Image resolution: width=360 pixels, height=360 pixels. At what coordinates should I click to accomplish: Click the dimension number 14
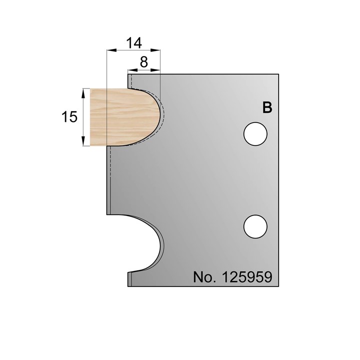pos(134,43)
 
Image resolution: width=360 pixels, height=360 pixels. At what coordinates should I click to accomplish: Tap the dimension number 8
pos(144,62)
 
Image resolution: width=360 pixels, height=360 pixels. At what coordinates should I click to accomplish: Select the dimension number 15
pos(69,117)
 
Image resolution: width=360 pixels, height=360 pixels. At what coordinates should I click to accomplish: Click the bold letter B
pos(267,107)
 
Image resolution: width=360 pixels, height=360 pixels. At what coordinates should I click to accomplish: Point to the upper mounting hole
pos(255,134)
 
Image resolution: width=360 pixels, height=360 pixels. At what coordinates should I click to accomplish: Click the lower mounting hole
pos(255,226)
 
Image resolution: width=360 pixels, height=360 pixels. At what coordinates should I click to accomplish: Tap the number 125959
pos(247,277)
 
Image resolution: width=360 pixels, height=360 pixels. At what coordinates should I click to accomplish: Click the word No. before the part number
pos(205,277)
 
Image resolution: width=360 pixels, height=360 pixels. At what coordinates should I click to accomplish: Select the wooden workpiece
pos(125,117)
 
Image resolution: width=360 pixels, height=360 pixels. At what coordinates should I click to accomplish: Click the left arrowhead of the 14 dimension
pos(112,50)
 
